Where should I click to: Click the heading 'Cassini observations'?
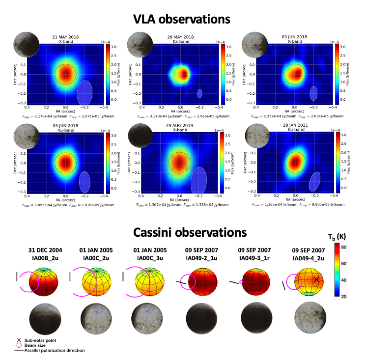(182, 232)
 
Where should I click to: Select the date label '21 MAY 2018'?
(65, 37)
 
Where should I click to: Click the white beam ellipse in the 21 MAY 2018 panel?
(86, 93)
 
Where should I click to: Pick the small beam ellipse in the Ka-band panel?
(199, 93)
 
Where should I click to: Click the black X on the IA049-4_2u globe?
(316, 279)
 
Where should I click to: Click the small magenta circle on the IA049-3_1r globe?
(241, 282)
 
